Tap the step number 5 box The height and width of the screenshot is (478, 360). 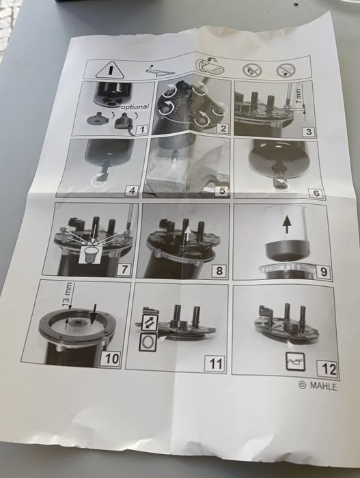click(x=222, y=191)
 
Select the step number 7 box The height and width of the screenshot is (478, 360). click(x=124, y=269)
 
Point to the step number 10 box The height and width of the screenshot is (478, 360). click(x=111, y=358)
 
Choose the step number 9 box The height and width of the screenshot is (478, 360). click(x=324, y=271)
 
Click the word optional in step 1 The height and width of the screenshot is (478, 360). click(x=135, y=107)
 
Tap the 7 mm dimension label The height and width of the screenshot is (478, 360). click(x=299, y=97)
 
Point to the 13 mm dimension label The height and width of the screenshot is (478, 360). click(x=68, y=296)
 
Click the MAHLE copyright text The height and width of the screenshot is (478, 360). click(x=318, y=386)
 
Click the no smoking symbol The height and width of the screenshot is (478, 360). click(x=286, y=70)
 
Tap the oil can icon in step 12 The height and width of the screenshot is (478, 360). click(x=295, y=361)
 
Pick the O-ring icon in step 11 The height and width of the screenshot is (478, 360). click(x=148, y=342)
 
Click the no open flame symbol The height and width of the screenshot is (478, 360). click(x=252, y=70)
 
